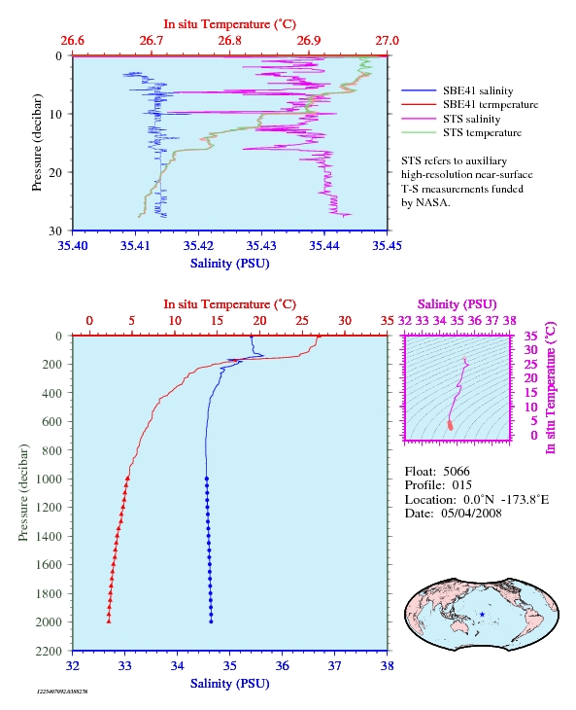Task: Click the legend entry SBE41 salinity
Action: pos(478,91)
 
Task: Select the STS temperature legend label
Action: pos(482,132)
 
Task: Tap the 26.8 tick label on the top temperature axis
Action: pos(229,41)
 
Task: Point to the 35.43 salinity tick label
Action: pos(261,245)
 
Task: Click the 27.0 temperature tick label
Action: pos(387,41)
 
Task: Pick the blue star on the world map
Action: pos(483,615)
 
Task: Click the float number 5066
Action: pos(457,472)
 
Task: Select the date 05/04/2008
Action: pos(471,513)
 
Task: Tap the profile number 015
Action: pos(461,485)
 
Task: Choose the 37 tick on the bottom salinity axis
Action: pos(334,665)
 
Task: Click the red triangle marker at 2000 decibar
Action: pos(109,621)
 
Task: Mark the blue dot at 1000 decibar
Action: pos(207,479)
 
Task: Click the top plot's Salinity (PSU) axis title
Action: pos(229,264)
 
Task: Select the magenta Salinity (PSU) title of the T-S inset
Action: pos(457,304)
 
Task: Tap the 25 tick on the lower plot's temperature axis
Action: pos(302,321)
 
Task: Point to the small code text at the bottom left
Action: pos(62,692)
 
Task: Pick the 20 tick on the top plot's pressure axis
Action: pos(55,172)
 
